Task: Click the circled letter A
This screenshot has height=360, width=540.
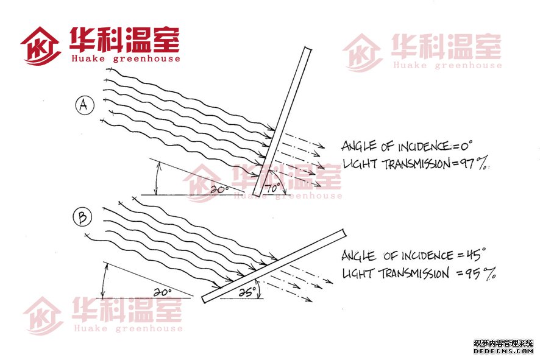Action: point(84,105)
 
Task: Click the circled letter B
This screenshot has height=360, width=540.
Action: point(83,217)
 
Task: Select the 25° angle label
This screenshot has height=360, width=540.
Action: point(247,292)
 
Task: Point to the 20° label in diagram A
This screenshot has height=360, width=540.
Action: point(220,189)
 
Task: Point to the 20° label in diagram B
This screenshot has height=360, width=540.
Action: point(162,292)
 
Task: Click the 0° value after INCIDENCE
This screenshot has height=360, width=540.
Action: point(466,146)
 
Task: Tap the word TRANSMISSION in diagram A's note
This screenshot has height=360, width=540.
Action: point(416,164)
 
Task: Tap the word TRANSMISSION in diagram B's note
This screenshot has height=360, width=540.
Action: point(414,274)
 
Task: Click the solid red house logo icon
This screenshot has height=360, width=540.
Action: point(40,46)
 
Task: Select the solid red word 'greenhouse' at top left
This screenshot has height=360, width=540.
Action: point(147,58)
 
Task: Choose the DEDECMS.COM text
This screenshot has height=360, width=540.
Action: point(503,351)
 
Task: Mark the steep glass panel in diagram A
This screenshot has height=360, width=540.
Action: point(282,121)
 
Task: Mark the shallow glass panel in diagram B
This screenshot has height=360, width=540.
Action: point(274,266)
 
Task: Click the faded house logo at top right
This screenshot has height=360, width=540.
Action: point(363,52)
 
